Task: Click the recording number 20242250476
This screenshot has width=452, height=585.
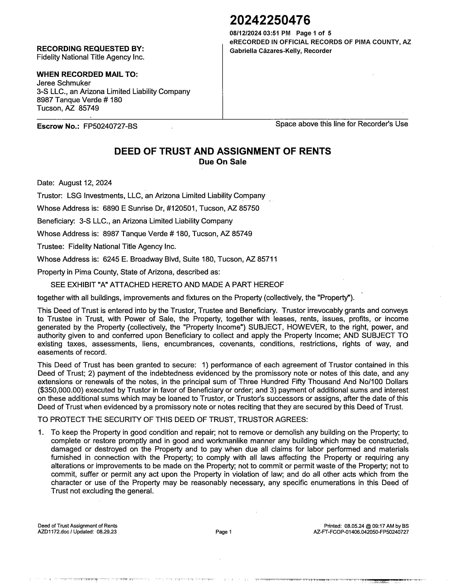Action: coord(270,20)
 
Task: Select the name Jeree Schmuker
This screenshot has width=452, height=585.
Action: coord(64,83)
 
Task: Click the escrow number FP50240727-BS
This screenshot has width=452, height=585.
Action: coord(110,126)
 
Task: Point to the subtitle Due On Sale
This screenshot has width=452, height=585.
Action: coord(222,162)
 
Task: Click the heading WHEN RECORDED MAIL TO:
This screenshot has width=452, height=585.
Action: coord(87,74)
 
